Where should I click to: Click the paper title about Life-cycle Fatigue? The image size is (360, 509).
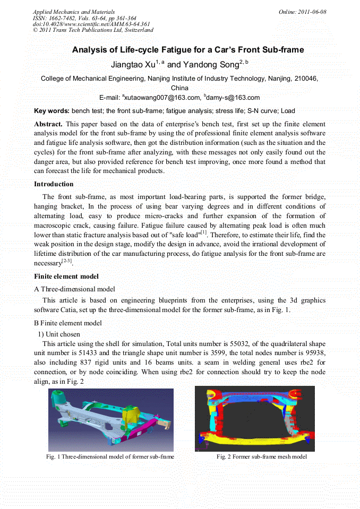(x=187, y=50)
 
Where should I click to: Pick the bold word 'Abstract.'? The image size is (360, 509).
(x=48, y=124)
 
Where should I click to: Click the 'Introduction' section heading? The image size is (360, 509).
(x=54, y=184)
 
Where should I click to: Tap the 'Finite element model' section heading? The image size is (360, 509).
(x=66, y=277)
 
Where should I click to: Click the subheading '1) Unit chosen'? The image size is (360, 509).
(x=59, y=334)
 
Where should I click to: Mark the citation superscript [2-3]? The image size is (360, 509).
(x=67, y=261)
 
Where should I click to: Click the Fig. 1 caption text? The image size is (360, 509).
(x=110, y=457)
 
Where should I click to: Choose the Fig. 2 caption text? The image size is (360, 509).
(x=262, y=457)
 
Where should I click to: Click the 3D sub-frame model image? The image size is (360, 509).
(x=110, y=420)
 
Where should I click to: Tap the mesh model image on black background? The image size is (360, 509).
(x=254, y=418)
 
